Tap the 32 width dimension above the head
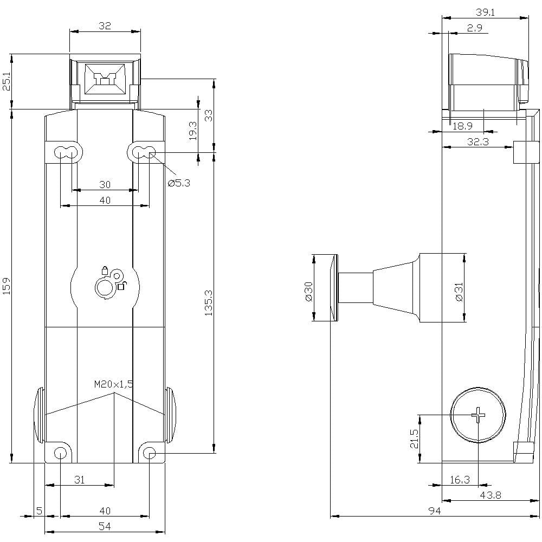point(105,25)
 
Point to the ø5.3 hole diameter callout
point(179,183)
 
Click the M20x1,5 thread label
point(113,384)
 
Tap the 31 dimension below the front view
point(79,480)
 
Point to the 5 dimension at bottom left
point(38,511)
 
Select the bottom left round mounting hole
point(60,453)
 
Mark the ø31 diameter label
point(458,291)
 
